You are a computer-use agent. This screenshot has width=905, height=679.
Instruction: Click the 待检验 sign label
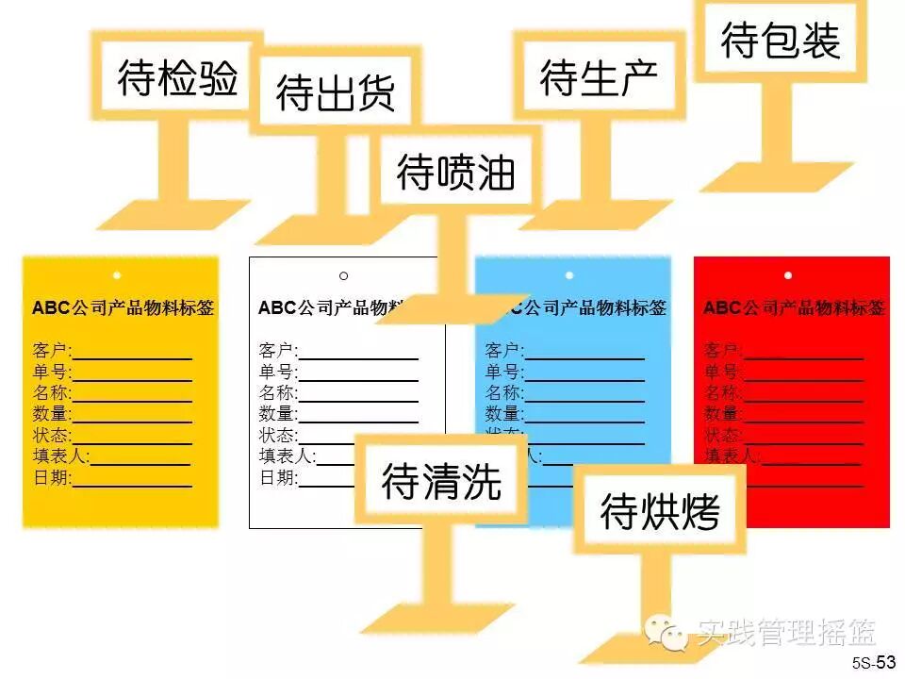click(x=178, y=79)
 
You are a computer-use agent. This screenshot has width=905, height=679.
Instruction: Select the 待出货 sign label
click(x=335, y=92)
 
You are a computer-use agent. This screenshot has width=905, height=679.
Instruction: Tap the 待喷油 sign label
click(x=456, y=174)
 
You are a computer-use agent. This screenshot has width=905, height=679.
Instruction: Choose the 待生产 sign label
click(x=599, y=78)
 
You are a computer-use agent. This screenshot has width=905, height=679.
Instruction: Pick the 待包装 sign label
click(x=781, y=41)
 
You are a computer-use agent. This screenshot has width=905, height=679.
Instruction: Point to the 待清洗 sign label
click(x=441, y=482)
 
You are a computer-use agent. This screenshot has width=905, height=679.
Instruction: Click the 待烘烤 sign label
click(x=660, y=513)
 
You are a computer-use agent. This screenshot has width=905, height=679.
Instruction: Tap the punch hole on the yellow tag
click(x=117, y=276)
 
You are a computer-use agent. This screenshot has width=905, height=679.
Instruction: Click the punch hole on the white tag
click(x=343, y=276)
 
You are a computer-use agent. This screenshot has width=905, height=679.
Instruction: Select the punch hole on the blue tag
click(x=569, y=275)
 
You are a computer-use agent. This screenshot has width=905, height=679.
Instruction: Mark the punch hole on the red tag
click(x=788, y=275)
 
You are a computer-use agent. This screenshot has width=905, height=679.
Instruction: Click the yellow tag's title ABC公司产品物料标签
click(x=123, y=308)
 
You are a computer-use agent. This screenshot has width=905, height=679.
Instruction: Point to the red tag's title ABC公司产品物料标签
click(x=794, y=308)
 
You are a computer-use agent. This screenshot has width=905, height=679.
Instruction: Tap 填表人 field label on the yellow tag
click(x=59, y=456)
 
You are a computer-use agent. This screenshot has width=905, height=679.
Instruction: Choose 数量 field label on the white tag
click(x=277, y=414)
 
